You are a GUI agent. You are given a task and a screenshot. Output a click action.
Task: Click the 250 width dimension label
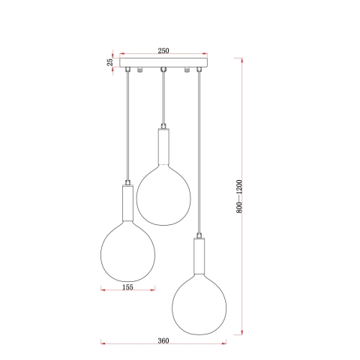pos(163,50)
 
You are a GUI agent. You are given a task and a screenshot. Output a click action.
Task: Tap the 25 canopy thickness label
pos(110,62)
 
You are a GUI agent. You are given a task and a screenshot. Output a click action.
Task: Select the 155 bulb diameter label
pos(127,287)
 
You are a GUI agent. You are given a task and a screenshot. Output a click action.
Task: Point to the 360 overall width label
pos(163,340)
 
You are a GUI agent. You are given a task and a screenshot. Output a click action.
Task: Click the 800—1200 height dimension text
pos(239,196)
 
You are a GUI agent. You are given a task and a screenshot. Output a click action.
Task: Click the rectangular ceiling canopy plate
pos(163,62)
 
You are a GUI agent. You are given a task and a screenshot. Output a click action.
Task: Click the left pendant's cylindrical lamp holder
pos(127,202)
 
